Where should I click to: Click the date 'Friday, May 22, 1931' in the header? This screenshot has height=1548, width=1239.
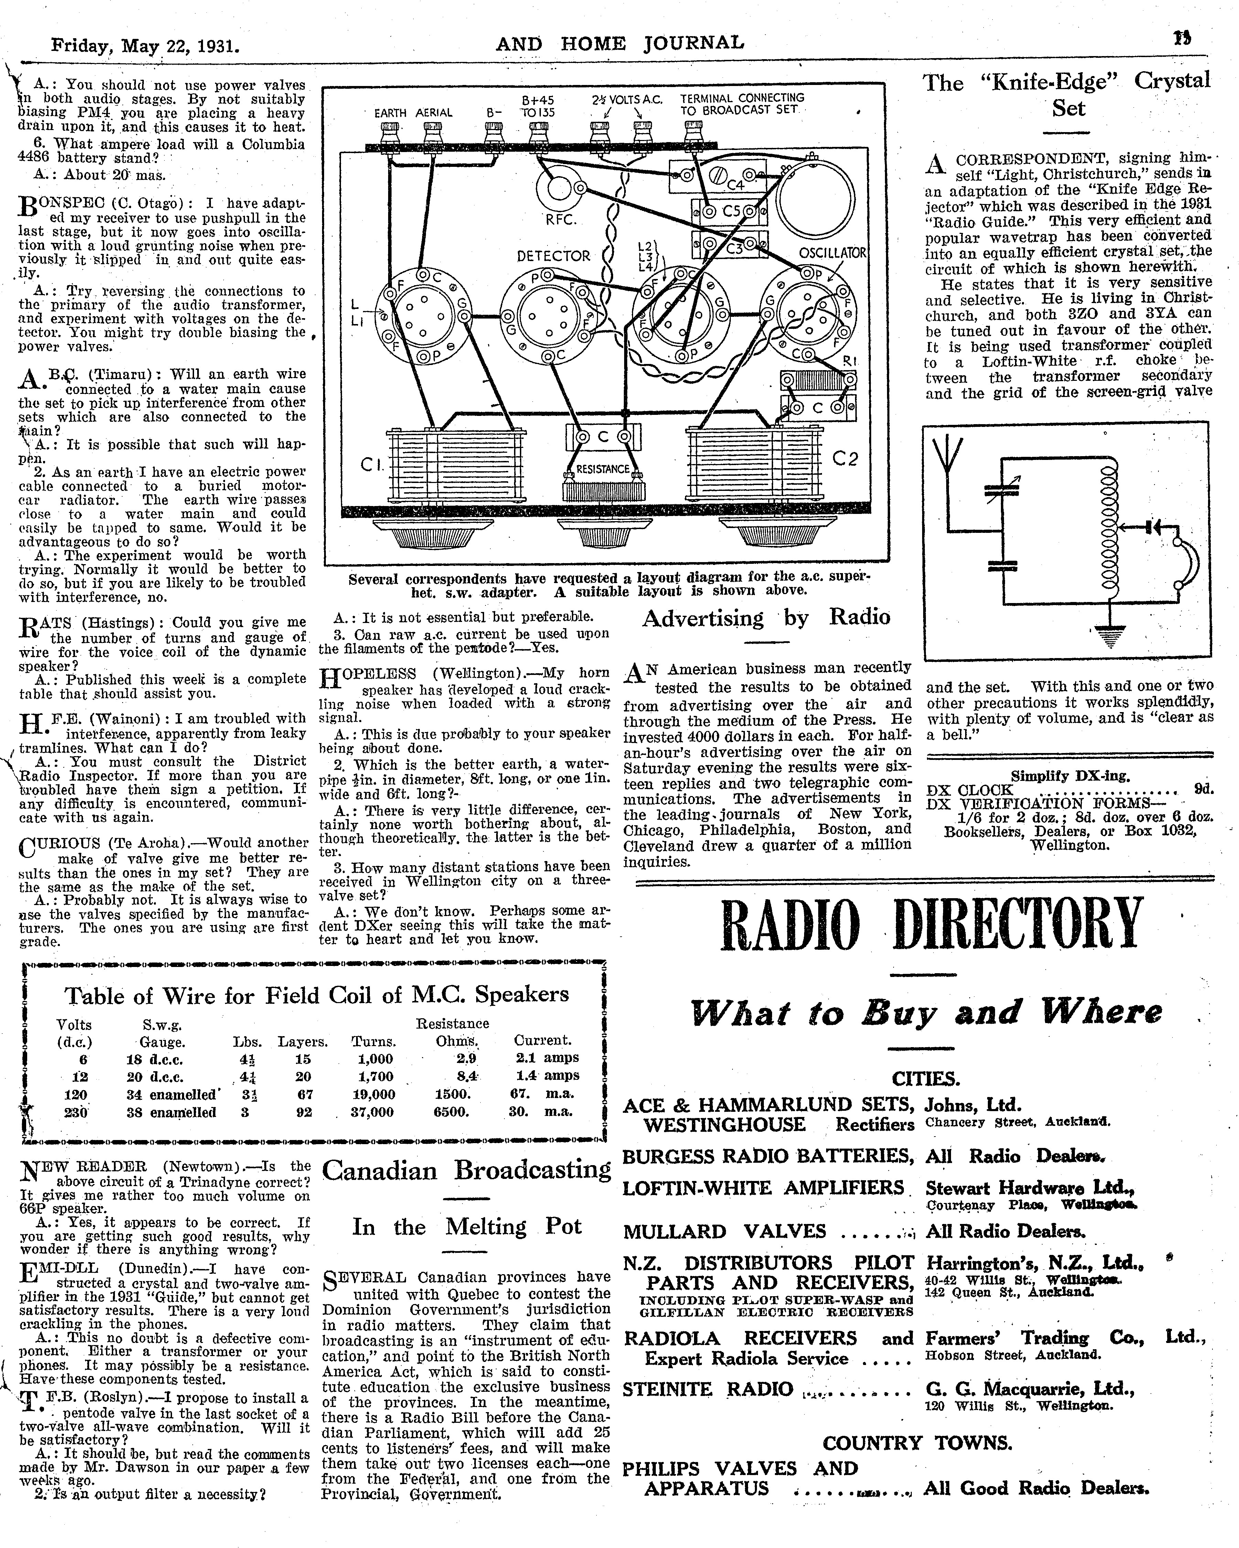[145, 46]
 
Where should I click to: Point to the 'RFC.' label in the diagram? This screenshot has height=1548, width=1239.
[561, 220]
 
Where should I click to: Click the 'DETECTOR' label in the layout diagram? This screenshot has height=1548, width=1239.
[553, 256]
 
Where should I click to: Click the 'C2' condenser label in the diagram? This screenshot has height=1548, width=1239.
[845, 458]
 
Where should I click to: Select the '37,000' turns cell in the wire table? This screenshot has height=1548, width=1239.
[372, 1112]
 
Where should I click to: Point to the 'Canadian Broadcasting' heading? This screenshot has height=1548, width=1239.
[466, 1170]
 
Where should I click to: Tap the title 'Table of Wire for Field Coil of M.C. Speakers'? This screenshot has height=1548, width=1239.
[317, 995]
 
